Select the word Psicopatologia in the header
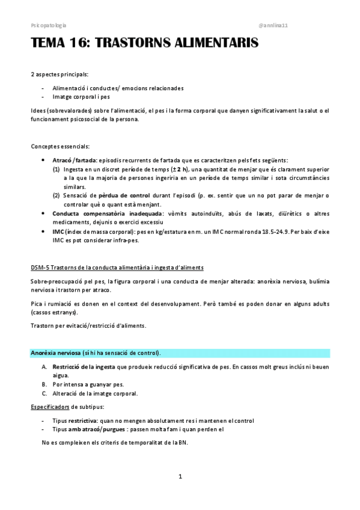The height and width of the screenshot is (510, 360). pyautogui.click(x=48, y=26)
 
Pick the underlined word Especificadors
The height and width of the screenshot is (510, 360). pyautogui.click(x=49, y=407)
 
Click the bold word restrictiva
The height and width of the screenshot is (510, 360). pyautogui.click(x=81, y=420)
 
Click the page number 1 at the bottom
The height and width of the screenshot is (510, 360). pyautogui.click(x=180, y=477)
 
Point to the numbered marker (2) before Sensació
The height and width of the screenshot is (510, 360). pyautogui.click(x=56, y=195)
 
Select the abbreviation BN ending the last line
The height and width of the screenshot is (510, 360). pyautogui.click(x=183, y=443)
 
